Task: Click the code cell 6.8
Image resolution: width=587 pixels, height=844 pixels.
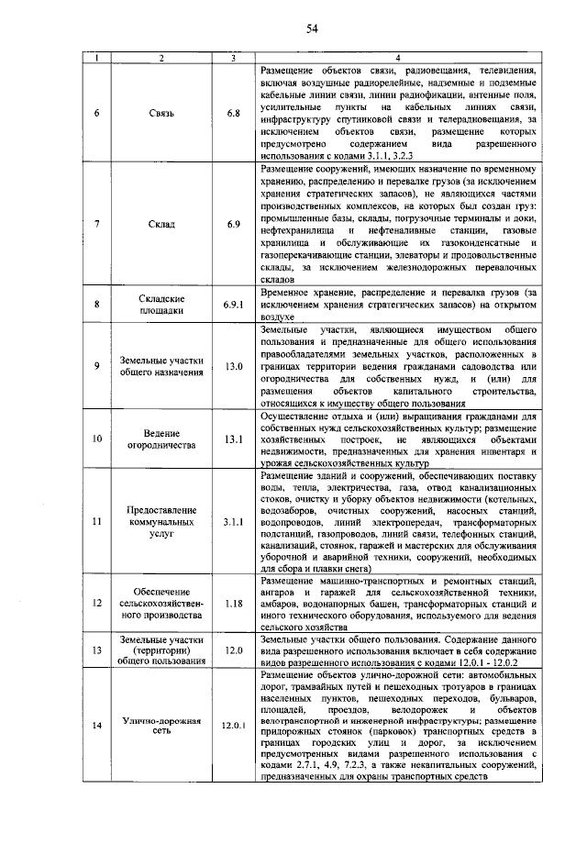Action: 234,113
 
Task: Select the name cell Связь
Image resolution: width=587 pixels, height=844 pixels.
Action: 162,113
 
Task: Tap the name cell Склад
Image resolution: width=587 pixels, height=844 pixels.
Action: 162,224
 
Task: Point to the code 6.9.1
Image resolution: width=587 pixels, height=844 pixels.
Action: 234,303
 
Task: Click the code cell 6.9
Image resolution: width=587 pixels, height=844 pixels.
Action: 234,224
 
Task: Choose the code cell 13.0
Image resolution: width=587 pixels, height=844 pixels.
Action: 234,366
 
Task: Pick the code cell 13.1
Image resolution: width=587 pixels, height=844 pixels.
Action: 234,438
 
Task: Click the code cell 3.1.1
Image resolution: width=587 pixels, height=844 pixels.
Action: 234,522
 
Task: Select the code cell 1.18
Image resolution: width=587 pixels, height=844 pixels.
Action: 234,603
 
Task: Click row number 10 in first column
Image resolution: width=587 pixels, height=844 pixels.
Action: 98,438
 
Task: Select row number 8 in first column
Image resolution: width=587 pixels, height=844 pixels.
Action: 98,303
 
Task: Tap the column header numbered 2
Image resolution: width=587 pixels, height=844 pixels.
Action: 162,59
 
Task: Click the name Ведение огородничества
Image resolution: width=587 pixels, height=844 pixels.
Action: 162,438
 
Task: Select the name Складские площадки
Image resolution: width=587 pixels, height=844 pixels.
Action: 162,304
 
